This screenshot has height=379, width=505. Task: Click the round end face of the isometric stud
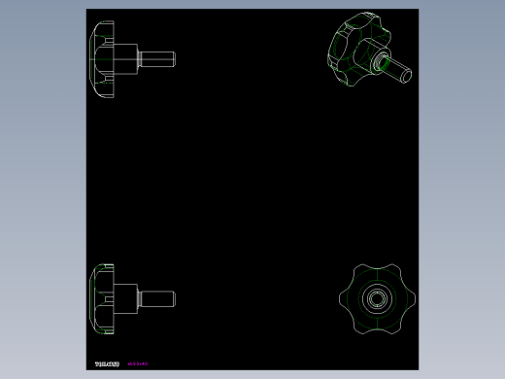pos(405,72)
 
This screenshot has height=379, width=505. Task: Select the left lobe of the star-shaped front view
pos(347,298)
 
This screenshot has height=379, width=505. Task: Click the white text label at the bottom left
pos(106,364)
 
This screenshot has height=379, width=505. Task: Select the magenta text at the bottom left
pos(137,364)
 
